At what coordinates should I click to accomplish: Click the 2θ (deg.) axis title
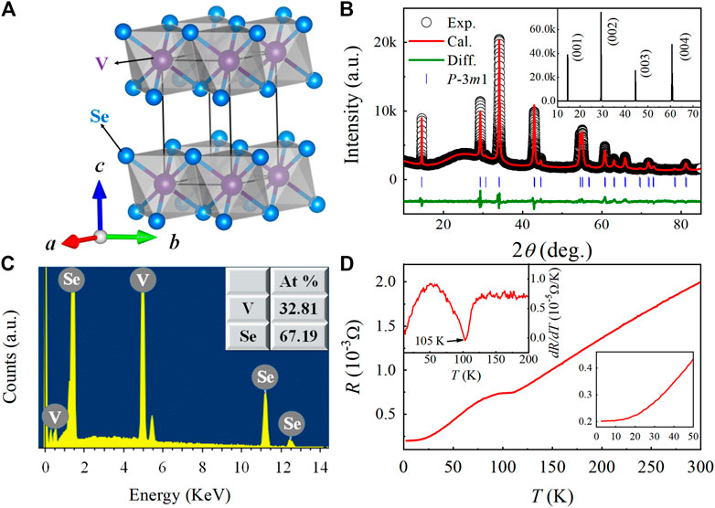(x=549, y=247)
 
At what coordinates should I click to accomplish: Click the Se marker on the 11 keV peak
(x=265, y=376)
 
